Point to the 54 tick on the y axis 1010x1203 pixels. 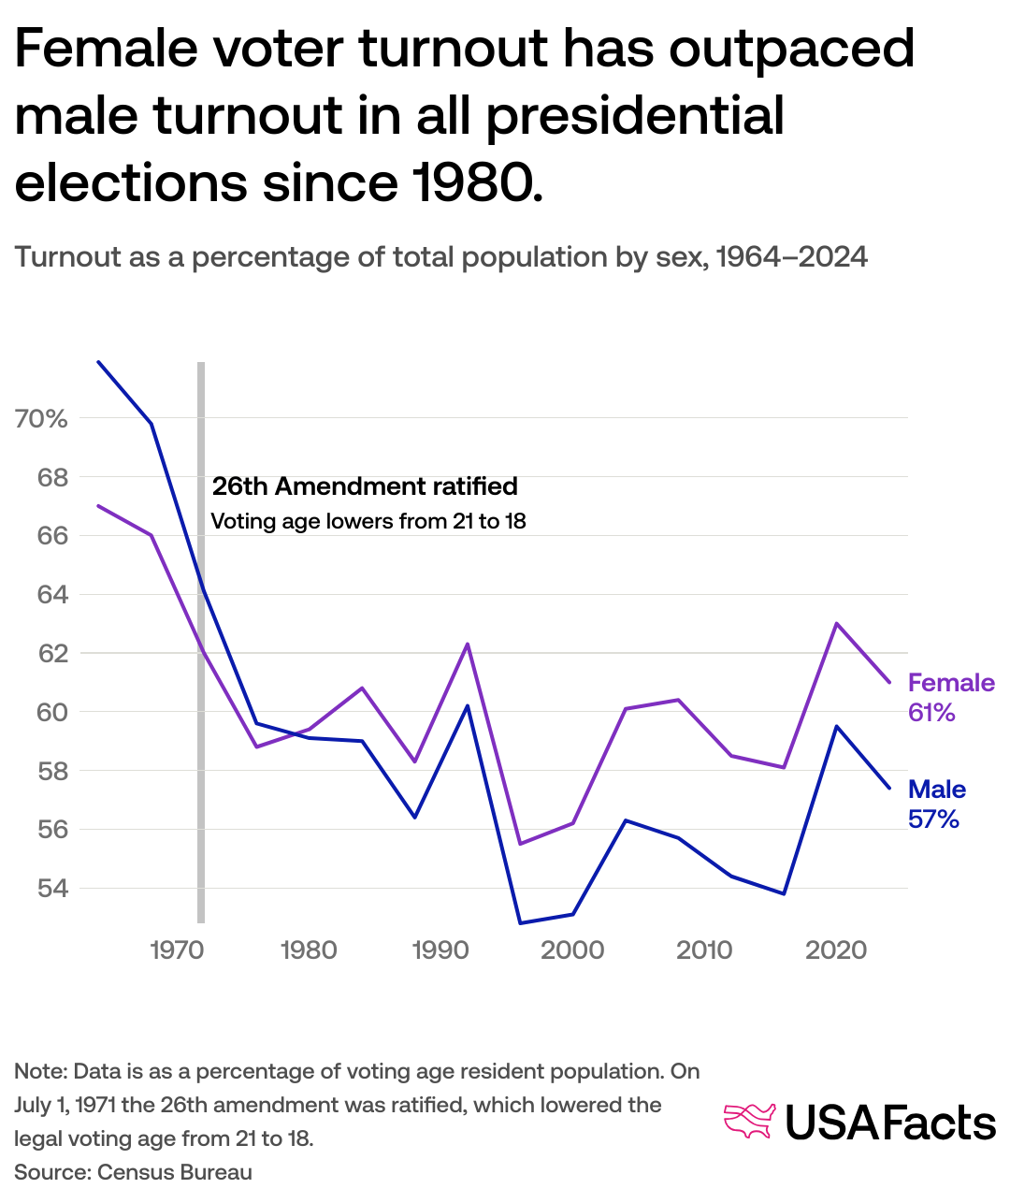(x=53, y=888)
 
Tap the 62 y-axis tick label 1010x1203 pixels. (x=53, y=653)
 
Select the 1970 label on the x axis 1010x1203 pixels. (x=177, y=950)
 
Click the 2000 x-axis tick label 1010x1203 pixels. (x=572, y=950)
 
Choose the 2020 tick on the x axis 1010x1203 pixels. (x=836, y=950)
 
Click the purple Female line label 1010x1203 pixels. (x=951, y=683)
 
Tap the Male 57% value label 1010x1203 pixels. (x=933, y=819)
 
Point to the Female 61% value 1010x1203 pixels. (x=931, y=713)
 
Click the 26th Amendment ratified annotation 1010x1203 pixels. (x=365, y=486)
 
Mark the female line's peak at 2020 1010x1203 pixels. (x=836, y=623)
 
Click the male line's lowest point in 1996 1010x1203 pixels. (x=520, y=923)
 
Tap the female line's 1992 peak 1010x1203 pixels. (x=467, y=644)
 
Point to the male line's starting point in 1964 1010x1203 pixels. (x=98, y=361)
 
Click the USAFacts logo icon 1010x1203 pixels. (x=750, y=1122)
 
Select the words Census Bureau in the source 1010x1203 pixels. (x=175, y=1172)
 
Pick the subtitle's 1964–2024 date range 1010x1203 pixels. (x=791, y=256)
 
